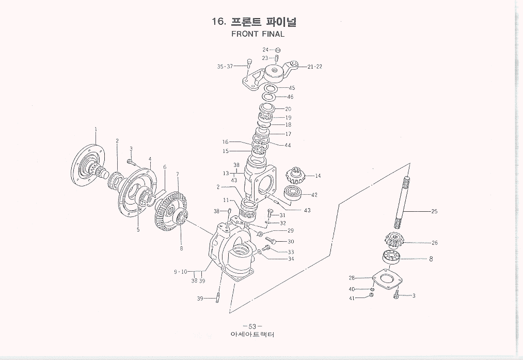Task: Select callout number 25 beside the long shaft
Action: (434, 211)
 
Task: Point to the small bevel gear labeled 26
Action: (394, 242)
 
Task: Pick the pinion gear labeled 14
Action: (297, 175)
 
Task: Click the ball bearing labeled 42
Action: (295, 195)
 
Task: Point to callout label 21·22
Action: (315, 67)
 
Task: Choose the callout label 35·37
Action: (224, 67)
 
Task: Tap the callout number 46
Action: (290, 97)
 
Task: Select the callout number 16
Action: (225, 142)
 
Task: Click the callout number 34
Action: (291, 259)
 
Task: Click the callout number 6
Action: (165, 167)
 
